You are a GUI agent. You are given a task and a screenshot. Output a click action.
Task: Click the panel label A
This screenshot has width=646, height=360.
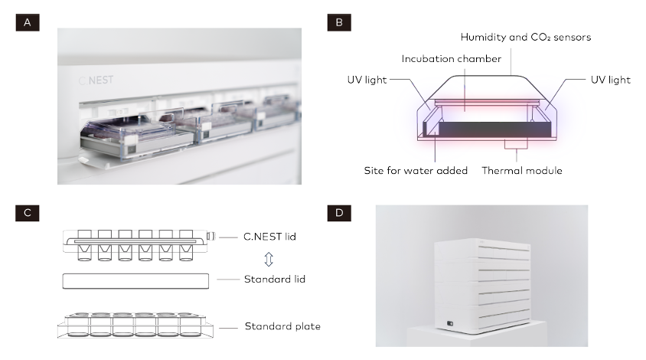click(28, 23)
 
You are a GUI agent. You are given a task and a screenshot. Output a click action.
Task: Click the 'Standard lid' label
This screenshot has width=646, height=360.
click(274, 279)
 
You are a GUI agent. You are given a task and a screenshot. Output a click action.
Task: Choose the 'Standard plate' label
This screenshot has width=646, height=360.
click(282, 326)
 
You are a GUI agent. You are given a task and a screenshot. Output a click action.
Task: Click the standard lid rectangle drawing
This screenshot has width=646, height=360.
click(135, 280)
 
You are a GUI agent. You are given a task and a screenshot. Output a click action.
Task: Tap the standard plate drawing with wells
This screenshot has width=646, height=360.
click(136, 326)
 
